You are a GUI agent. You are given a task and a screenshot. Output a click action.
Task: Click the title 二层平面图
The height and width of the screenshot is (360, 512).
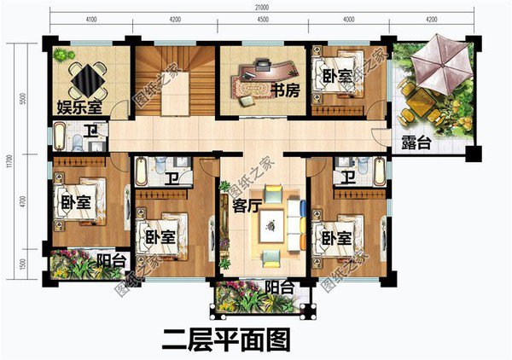pyautogui.click(x=226, y=340)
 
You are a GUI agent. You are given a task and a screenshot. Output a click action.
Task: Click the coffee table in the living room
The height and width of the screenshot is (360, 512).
pyautogui.click(x=275, y=224)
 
